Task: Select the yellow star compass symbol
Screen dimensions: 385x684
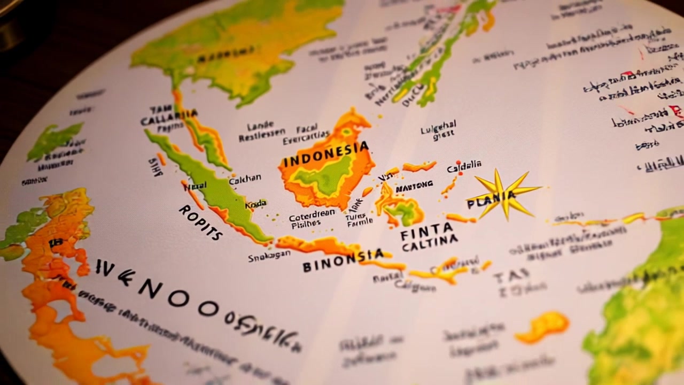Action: (x=502, y=195)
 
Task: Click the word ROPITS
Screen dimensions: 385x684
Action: (x=200, y=222)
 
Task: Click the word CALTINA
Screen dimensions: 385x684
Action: (x=430, y=243)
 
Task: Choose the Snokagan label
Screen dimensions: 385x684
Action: (x=269, y=257)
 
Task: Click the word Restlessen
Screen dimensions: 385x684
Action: (x=262, y=137)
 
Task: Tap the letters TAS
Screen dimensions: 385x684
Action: (x=511, y=276)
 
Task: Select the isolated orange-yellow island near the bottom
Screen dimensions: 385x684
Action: (x=542, y=326)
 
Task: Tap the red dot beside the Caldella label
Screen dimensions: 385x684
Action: (x=458, y=162)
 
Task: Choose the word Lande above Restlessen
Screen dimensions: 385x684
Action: (x=260, y=127)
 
